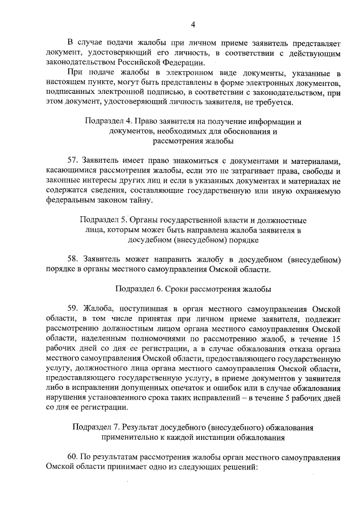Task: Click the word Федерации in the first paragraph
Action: coord(181,63)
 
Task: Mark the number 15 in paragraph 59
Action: coord(336,339)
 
